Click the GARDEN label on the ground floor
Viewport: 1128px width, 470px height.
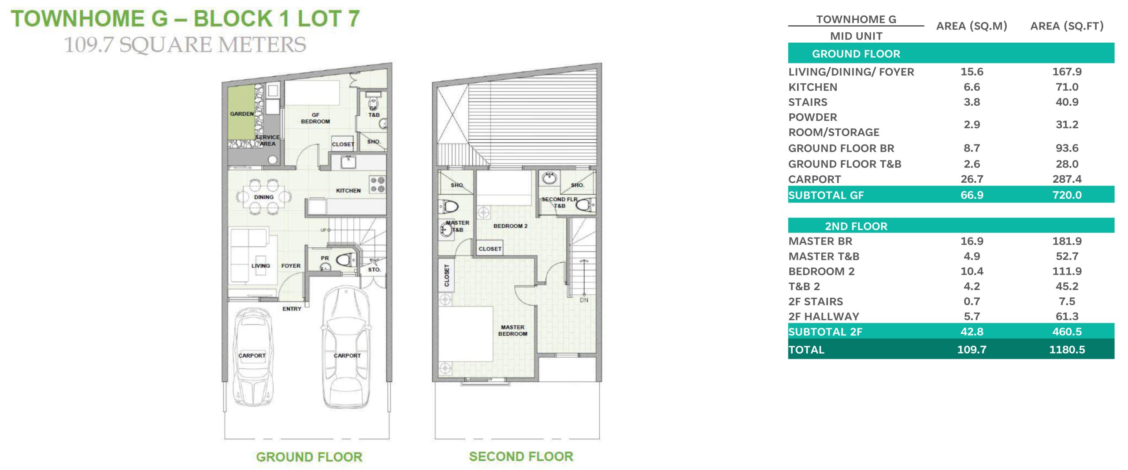coord(242,114)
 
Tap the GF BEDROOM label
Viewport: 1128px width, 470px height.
coord(315,118)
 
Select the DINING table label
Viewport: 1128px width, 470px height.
coord(263,197)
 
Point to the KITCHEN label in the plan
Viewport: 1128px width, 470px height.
coord(348,191)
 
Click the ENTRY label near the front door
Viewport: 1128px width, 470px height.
coord(292,309)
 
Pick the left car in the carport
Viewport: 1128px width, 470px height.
coord(252,357)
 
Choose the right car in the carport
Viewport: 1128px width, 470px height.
coord(346,348)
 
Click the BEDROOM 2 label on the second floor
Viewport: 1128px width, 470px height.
coord(510,226)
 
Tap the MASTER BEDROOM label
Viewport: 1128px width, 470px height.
coord(512,330)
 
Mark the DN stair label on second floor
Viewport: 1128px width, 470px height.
coord(584,300)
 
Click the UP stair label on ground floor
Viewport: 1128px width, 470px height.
coord(323,230)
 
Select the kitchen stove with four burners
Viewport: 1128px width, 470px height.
coord(378,185)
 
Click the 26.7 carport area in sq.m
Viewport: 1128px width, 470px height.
coord(972,179)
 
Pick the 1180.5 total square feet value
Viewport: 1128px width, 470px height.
coord(1067,350)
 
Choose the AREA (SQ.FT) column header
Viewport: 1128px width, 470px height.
coord(1067,26)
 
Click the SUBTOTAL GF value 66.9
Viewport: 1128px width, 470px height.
coord(972,195)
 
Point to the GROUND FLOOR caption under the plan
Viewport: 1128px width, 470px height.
coord(309,457)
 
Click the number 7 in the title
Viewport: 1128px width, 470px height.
coord(353,19)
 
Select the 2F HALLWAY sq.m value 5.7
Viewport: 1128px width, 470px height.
coord(972,316)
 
